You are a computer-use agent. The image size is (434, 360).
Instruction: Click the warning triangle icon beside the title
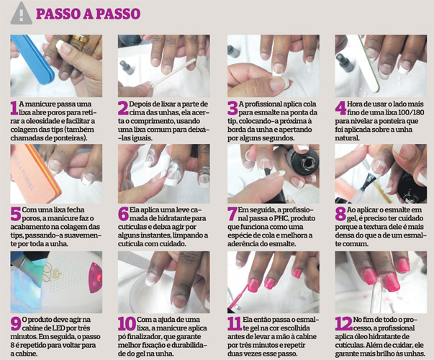point(22,13)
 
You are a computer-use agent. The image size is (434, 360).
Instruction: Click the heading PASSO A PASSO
point(88,14)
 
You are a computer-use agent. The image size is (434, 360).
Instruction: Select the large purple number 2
point(123,108)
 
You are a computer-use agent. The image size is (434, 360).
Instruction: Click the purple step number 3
point(232,108)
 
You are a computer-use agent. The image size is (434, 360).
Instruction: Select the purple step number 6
point(123,215)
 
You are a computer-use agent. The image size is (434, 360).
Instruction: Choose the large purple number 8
point(340,215)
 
